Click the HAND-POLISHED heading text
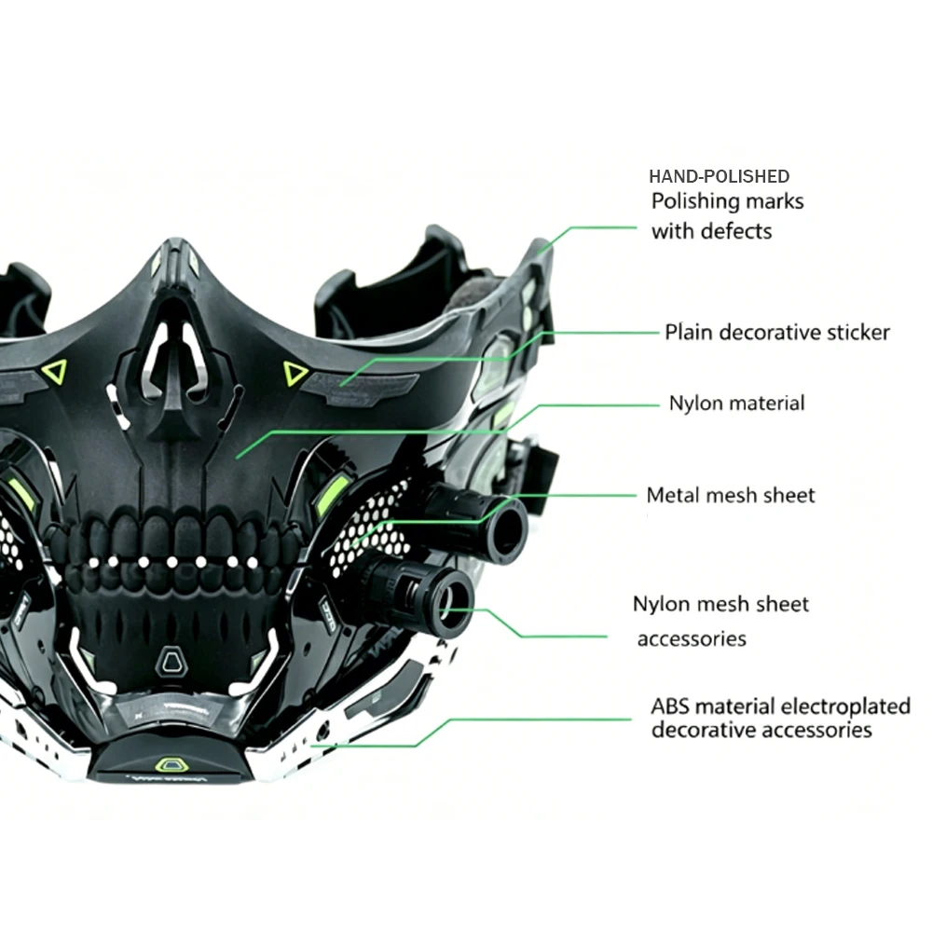coord(720,176)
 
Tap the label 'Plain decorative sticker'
coord(777,333)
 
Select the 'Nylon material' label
coord(737,403)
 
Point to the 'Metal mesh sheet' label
coord(731,495)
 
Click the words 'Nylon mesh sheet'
coord(721,604)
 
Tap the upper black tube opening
coord(507,530)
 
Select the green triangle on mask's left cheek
coord(55,372)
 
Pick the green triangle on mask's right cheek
coord(294,373)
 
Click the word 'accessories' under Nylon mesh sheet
coord(692,639)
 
